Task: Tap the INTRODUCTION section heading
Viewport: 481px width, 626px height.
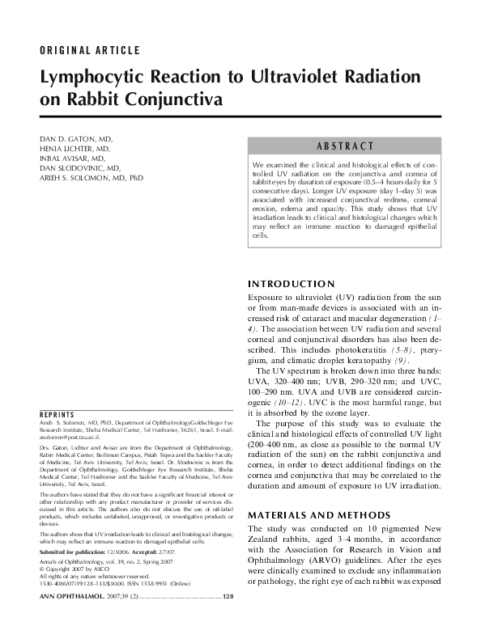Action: click(290, 284)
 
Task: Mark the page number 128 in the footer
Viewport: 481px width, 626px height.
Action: click(228, 619)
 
